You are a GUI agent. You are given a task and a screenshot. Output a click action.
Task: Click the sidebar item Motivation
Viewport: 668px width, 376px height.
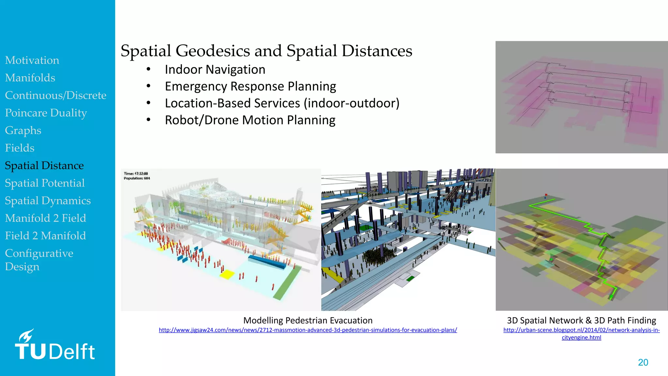pos(32,60)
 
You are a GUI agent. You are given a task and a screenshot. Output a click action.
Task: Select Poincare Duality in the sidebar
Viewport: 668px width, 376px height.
pos(46,113)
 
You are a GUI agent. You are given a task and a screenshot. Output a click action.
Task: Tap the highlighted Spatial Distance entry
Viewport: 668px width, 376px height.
pos(44,165)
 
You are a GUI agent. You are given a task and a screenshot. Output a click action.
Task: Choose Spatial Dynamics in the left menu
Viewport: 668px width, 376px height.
pos(48,201)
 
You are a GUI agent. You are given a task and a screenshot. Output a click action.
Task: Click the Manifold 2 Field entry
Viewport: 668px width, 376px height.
pos(45,218)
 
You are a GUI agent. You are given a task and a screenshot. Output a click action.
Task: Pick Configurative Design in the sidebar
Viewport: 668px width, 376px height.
pos(39,260)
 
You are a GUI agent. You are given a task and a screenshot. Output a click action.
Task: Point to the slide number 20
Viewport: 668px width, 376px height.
pos(643,362)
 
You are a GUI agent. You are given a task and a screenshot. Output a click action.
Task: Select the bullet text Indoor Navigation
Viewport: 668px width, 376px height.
pos(215,70)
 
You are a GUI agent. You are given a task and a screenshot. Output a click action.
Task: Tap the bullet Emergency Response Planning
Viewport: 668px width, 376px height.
pos(250,86)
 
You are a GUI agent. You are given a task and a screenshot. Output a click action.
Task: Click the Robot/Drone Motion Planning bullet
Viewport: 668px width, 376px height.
pos(250,120)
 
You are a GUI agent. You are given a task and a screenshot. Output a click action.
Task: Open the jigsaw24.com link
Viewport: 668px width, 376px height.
pos(308,330)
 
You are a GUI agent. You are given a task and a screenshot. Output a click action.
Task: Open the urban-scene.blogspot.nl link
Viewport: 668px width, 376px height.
pos(581,330)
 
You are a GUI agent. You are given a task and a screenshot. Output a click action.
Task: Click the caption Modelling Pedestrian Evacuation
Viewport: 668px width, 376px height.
pos(308,321)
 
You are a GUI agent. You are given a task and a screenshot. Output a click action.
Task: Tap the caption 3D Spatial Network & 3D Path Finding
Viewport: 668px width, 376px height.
pos(581,321)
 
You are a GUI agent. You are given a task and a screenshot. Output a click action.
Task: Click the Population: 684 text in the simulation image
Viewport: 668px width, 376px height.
pos(137,178)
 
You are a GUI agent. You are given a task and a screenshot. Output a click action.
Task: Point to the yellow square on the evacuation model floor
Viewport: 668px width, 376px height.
pos(227,274)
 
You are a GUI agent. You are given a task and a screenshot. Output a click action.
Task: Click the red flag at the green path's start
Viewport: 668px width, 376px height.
pos(546,195)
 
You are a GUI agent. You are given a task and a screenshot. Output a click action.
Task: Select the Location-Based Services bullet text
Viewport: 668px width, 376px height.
pos(282,103)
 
